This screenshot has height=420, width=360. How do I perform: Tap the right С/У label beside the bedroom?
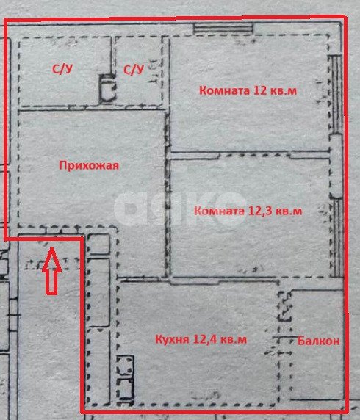[133, 70]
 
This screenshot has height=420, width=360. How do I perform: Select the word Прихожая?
[88, 165]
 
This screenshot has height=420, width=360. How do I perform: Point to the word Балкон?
[319, 341]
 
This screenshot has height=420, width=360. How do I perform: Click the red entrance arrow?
[52, 272]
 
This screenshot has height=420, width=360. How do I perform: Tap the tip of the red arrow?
[52, 251]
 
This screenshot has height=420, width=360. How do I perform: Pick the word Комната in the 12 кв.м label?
[222, 91]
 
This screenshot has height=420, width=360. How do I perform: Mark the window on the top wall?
[223, 28]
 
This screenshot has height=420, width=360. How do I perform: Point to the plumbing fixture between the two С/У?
[108, 89]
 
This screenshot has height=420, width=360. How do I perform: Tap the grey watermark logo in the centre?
[180, 208]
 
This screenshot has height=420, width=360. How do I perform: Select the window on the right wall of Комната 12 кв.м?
[335, 95]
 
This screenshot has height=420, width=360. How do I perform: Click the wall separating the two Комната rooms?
[250, 154]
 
